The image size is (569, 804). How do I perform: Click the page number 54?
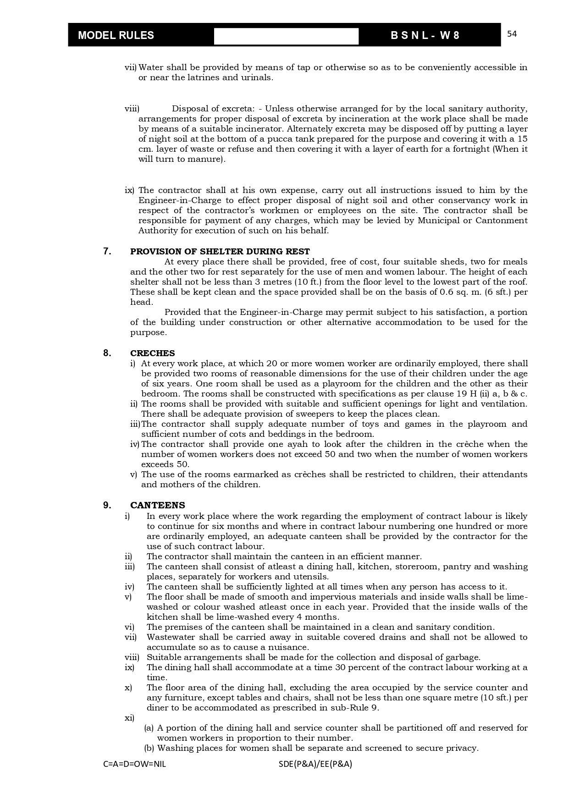tap(512, 34)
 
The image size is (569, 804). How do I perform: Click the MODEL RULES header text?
tap(116, 35)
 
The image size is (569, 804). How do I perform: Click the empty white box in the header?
tap(286, 36)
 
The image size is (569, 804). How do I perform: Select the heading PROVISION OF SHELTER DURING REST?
tap(220, 252)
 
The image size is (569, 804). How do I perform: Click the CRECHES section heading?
tap(153, 353)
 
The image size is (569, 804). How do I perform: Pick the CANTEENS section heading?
tap(158, 506)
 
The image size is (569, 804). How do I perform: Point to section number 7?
tap(107, 251)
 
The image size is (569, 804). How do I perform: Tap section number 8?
tap(107, 353)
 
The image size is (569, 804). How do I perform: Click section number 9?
tap(107, 505)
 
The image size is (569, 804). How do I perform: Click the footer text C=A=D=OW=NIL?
tap(135, 764)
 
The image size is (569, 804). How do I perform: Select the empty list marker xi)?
tap(129, 718)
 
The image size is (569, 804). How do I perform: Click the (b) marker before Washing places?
tap(149, 748)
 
